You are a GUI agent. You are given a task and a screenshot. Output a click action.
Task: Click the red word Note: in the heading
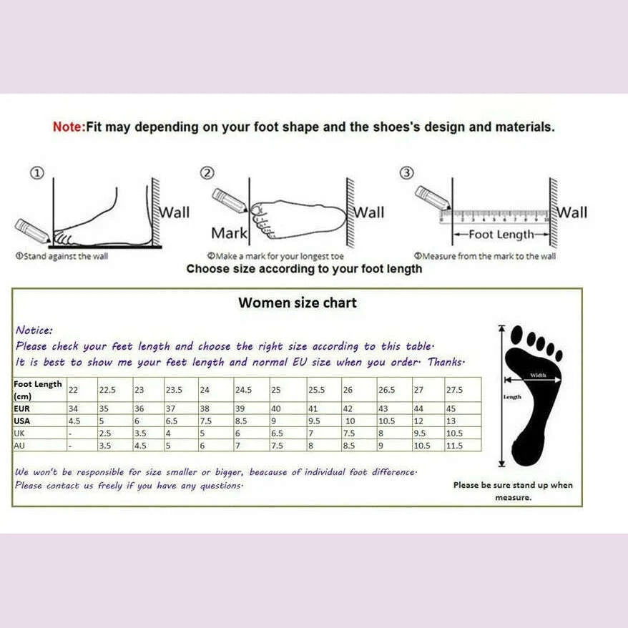pyautogui.click(x=69, y=127)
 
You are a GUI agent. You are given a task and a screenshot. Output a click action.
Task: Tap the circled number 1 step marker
pyautogui.click(x=37, y=172)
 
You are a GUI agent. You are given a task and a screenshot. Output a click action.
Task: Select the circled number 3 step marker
pyautogui.click(x=406, y=172)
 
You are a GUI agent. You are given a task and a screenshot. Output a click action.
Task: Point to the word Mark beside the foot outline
pyautogui.click(x=229, y=233)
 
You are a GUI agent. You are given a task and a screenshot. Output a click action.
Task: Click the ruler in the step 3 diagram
pyautogui.click(x=494, y=215)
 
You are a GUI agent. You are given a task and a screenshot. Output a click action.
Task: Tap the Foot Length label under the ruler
pyautogui.click(x=501, y=235)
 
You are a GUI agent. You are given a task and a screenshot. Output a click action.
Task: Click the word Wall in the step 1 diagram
pyautogui.click(x=174, y=212)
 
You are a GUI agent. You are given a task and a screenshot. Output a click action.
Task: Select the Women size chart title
pyautogui.click(x=297, y=303)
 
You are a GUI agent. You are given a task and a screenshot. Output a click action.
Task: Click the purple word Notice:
pyautogui.click(x=34, y=330)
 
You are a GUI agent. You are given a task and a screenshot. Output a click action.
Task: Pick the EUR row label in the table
pyautogui.click(x=21, y=408)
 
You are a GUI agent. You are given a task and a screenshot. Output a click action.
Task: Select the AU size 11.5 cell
pyautogui.click(x=454, y=446)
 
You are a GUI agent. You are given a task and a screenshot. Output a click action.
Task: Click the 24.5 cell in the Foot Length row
pyautogui.click(x=244, y=390)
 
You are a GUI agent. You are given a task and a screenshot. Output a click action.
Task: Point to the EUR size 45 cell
pyautogui.click(x=452, y=408)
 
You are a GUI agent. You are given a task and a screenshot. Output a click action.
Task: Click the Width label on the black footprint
pyautogui.click(x=538, y=375)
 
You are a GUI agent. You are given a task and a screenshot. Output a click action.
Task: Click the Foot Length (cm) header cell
pyautogui.click(x=39, y=390)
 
